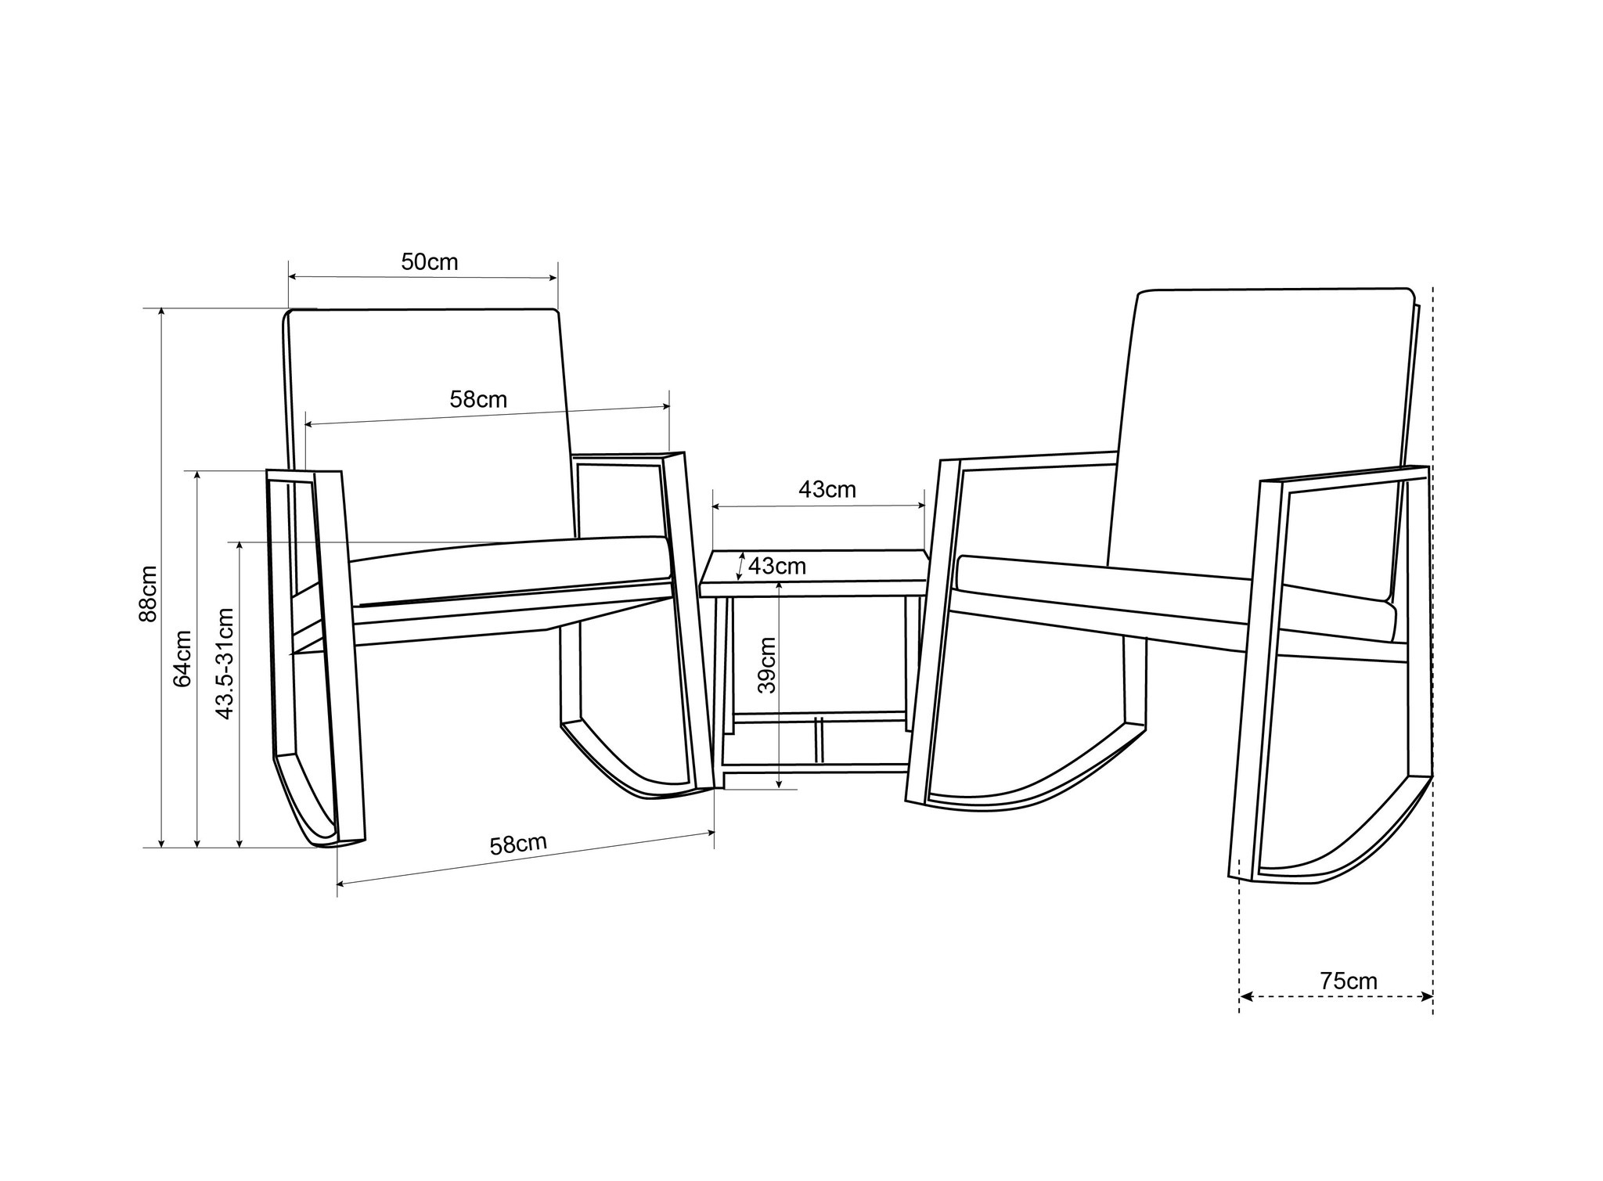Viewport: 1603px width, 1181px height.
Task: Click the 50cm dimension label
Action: [429, 262]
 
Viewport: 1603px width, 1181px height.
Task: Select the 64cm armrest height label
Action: [182, 658]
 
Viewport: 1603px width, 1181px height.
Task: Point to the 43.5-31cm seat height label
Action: [225, 663]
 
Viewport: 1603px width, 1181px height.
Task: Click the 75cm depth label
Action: [1348, 981]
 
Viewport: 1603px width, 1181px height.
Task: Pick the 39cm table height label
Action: [767, 664]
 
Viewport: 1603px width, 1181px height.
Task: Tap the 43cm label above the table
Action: [827, 490]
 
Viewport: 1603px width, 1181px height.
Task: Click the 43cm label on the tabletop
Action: [776, 566]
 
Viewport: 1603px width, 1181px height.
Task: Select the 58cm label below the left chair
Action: [517, 845]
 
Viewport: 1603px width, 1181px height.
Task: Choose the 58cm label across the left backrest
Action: [478, 400]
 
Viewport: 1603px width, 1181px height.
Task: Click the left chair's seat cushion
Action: [509, 571]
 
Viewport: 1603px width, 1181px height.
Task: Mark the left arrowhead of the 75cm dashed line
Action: [1245, 996]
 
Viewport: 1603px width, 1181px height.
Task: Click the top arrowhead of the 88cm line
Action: [161, 312]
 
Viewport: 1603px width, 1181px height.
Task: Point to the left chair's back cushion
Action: [427, 423]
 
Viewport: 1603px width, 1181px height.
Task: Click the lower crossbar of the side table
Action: [818, 716]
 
